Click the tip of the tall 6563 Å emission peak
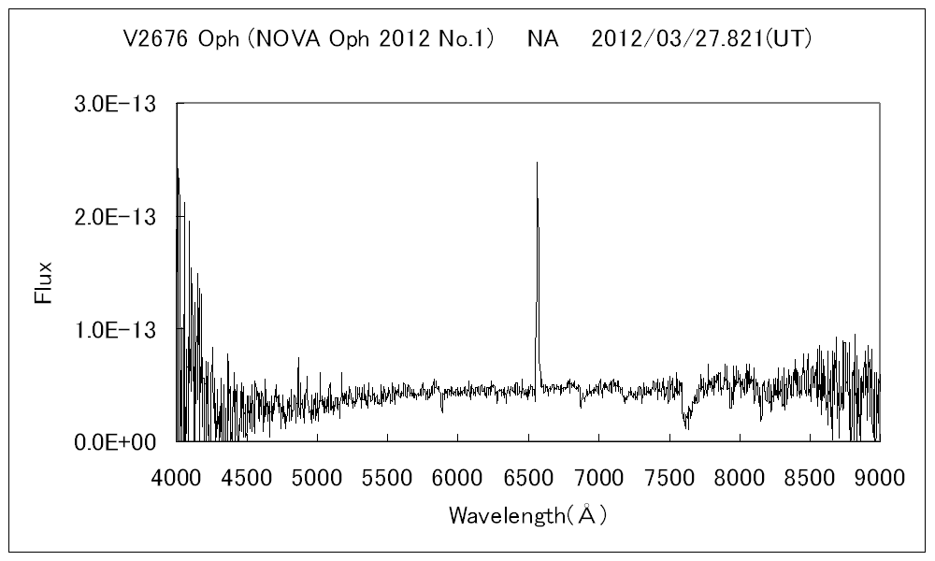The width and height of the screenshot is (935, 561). click(537, 164)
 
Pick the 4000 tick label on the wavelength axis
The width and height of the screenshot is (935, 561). click(177, 479)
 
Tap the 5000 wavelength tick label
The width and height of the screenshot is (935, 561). click(317, 479)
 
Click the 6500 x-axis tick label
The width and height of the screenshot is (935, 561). click(528, 479)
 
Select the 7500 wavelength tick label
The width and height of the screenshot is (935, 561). click(669, 479)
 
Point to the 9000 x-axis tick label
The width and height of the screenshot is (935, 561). click(880, 479)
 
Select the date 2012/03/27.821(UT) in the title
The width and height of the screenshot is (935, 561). click(706, 39)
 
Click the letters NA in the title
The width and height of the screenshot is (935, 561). click(542, 39)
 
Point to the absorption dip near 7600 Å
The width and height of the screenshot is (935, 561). click(686, 423)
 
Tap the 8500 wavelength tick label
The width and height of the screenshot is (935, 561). click(810, 479)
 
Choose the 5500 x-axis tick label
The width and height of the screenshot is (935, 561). click(387, 479)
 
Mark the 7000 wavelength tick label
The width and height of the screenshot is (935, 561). click(598, 479)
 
